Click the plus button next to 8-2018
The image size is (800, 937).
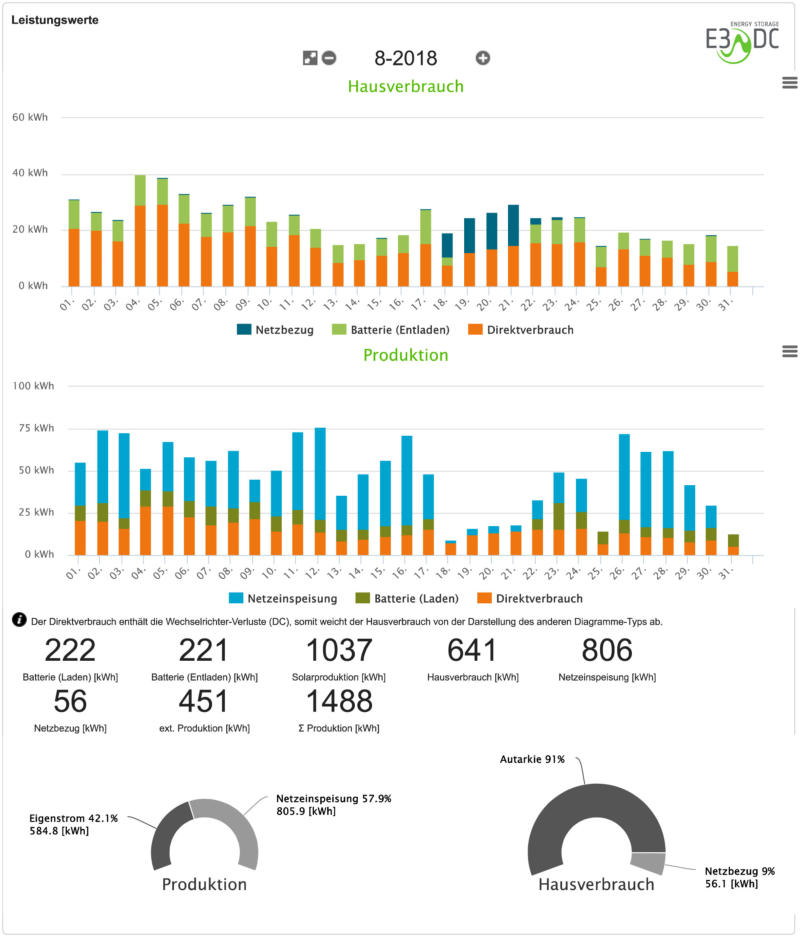click(x=483, y=58)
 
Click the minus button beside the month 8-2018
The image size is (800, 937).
click(x=329, y=58)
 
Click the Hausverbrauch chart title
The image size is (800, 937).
click(x=406, y=87)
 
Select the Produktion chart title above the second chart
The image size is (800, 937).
click(x=405, y=355)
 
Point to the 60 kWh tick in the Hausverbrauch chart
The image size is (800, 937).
click(x=30, y=117)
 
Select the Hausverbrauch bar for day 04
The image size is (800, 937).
click(x=141, y=231)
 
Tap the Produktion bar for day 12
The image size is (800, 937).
click(x=320, y=490)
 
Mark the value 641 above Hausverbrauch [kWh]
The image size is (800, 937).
click(x=472, y=651)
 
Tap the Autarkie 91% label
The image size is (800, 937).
click(x=532, y=760)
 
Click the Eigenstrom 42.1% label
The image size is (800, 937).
click(x=74, y=818)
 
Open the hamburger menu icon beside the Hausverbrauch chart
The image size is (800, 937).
click(x=789, y=82)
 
